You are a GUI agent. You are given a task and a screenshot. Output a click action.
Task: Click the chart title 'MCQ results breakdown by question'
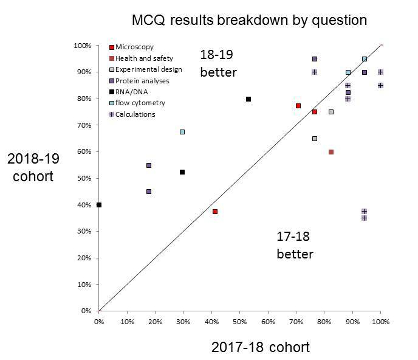(249, 20)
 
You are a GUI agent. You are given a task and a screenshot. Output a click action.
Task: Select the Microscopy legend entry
(131, 47)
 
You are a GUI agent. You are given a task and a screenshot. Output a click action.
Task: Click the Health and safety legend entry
(140, 58)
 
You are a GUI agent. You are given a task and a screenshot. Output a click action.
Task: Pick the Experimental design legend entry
(140, 69)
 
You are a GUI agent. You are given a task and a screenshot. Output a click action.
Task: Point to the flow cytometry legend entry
(135, 103)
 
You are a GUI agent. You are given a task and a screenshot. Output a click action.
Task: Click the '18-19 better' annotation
(218, 63)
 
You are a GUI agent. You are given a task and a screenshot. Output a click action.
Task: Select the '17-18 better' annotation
(295, 245)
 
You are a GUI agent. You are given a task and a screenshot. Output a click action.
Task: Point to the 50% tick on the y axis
(83, 178)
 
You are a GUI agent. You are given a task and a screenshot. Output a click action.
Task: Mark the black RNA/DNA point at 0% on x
(99, 205)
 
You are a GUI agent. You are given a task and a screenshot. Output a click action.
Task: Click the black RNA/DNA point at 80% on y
(248, 99)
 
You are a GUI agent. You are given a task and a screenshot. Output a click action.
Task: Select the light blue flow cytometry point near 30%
(183, 132)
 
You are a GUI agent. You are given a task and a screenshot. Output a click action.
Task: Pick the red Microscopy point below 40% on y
(215, 212)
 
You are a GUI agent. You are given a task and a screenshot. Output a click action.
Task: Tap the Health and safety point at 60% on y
(331, 152)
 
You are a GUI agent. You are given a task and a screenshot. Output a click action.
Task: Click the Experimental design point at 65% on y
(315, 139)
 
